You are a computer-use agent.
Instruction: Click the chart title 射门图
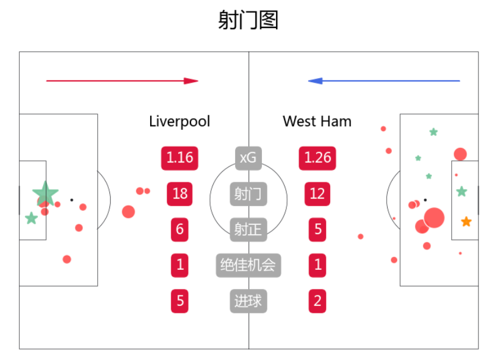point(248,20)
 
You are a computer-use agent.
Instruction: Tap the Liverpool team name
point(179,121)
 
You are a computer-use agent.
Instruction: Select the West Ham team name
point(317,121)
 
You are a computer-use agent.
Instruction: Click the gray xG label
point(248,157)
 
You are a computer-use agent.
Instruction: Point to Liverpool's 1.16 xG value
point(179,158)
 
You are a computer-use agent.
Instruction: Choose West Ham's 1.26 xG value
point(317,158)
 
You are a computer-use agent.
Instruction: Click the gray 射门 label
point(248,194)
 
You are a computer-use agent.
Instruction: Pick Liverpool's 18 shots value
point(179,194)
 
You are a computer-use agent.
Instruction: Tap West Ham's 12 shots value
point(317,194)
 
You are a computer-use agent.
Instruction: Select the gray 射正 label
point(248,230)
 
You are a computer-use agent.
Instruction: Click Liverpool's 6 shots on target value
point(179,230)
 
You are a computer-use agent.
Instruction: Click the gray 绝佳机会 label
point(248,266)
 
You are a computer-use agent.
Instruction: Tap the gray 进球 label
point(248,301)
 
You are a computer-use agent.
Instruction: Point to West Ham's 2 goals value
point(317,301)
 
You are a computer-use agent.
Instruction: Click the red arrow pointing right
point(122,81)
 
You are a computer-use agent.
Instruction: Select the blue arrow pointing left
point(384,81)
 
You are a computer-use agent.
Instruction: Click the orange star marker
point(466,222)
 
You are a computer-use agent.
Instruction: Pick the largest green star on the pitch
point(45,193)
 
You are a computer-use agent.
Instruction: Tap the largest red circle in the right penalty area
point(434,218)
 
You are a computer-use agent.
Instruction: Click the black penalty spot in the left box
point(72,200)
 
